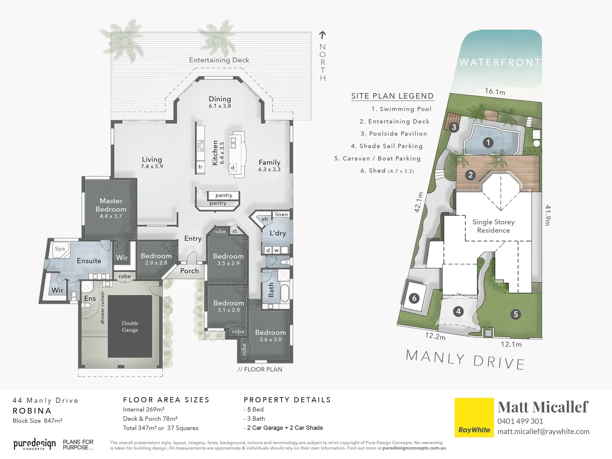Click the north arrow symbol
pyautogui.click(x=323, y=35)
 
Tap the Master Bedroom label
pyautogui.click(x=111, y=205)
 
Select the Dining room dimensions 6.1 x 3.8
pyautogui.click(x=220, y=106)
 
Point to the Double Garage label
pyautogui.click(x=130, y=326)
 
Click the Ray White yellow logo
pyautogui.click(x=474, y=417)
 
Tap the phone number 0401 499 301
pyautogui.click(x=520, y=421)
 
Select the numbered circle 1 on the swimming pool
pyautogui.click(x=488, y=143)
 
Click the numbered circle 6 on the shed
pyautogui.click(x=414, y=298)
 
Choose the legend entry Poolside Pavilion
pyautogui.click(x=394, y=133)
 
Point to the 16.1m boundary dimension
pyautogui.click(x=495, y=91)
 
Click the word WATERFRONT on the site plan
pyautogui.click(x=500, y=62)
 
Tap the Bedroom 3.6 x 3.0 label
pyautogui.click(x=270, y=335)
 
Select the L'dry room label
pyautogui.click(x=278, y=233)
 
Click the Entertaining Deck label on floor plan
pyautogui.click(x=219, y=60)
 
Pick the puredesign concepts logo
pyautogui.click(x=34, y=445)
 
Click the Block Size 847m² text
pyautogui.click(x=37, y=421)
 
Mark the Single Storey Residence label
pyautogui.click(x=493, y=226)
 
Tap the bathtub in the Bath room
pyautogui.click(x=284, y=293)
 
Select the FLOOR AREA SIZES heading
pyautogui.click(x=166, y=400)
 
